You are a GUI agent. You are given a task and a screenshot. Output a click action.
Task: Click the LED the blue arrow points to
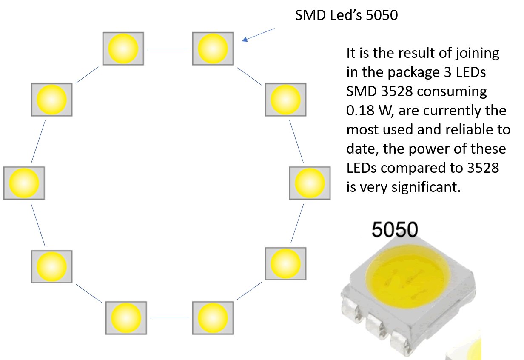click(213, 49)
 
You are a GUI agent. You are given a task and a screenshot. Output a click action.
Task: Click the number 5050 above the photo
click(395, 230)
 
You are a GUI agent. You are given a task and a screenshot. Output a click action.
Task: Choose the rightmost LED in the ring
click(310, 183)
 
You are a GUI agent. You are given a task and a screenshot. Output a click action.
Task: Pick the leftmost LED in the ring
click(24, 183)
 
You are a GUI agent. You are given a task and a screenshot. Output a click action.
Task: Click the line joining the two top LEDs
click(168, 49)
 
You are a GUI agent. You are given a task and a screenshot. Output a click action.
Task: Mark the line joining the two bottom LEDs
click(169, 318)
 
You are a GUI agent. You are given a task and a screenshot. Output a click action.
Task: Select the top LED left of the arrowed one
click(123, 49)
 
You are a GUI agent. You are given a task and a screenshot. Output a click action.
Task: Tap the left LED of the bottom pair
click(126, 318)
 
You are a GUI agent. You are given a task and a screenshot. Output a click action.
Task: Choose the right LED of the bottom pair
click(213, 318)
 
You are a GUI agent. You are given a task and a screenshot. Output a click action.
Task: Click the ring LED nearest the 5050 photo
click(285, 264)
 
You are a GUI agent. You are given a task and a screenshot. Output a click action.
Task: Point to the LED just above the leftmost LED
click(52, 100)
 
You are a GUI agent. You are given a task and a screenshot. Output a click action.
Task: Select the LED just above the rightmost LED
click(285, 100)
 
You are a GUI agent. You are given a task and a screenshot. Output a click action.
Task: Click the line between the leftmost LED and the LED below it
click(38, 225)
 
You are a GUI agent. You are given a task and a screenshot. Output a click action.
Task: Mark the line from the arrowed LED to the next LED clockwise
click(249, 76)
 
